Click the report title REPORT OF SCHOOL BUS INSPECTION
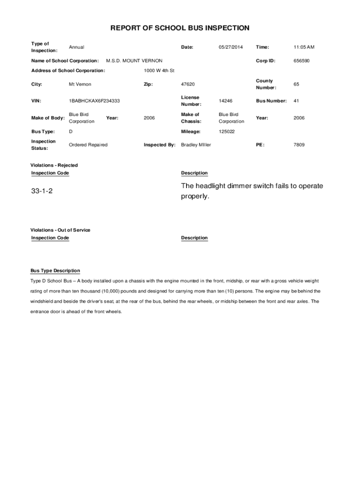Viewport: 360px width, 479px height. pos(180,28)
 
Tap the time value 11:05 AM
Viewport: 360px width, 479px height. pos(304,47)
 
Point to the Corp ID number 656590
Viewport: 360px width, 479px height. pos(302,61)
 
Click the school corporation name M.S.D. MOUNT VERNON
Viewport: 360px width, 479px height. pos(134,61)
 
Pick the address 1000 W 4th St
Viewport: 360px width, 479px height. pos(159,71)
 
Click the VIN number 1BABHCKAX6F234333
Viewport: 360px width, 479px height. pos(94,101)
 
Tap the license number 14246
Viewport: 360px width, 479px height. pos(225,101)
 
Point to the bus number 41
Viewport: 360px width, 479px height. pos(296,101)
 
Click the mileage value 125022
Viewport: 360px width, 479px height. pos(227,132)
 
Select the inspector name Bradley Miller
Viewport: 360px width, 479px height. pos(196,145)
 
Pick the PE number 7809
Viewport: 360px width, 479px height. pos(299,145)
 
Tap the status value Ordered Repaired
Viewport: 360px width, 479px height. pos(88,145)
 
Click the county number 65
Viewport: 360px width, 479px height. pos(296,84)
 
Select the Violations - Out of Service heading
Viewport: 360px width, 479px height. pos(60,230)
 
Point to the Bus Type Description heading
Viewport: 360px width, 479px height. pos(55,271)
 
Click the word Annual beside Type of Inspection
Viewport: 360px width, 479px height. pos(77,47)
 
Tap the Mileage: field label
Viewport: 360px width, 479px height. pos(191,132)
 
